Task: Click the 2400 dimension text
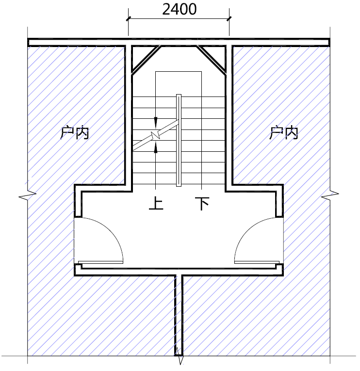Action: (179, 10)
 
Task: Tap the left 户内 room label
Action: (75, 133)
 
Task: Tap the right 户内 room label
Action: (283, 133)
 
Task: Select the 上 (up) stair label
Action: (156, 203)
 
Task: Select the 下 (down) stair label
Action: (202, 203)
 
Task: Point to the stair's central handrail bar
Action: (179, 140)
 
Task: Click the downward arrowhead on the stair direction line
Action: (156, 123)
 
